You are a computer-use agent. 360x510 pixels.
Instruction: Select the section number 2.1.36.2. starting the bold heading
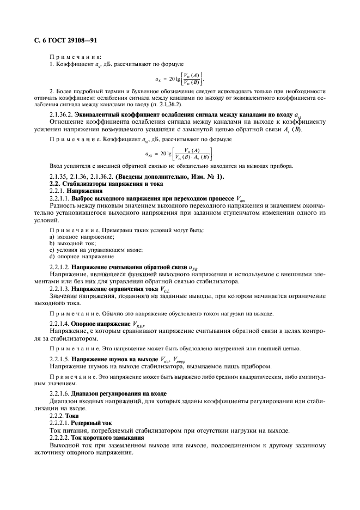click(x=61, y=116)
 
